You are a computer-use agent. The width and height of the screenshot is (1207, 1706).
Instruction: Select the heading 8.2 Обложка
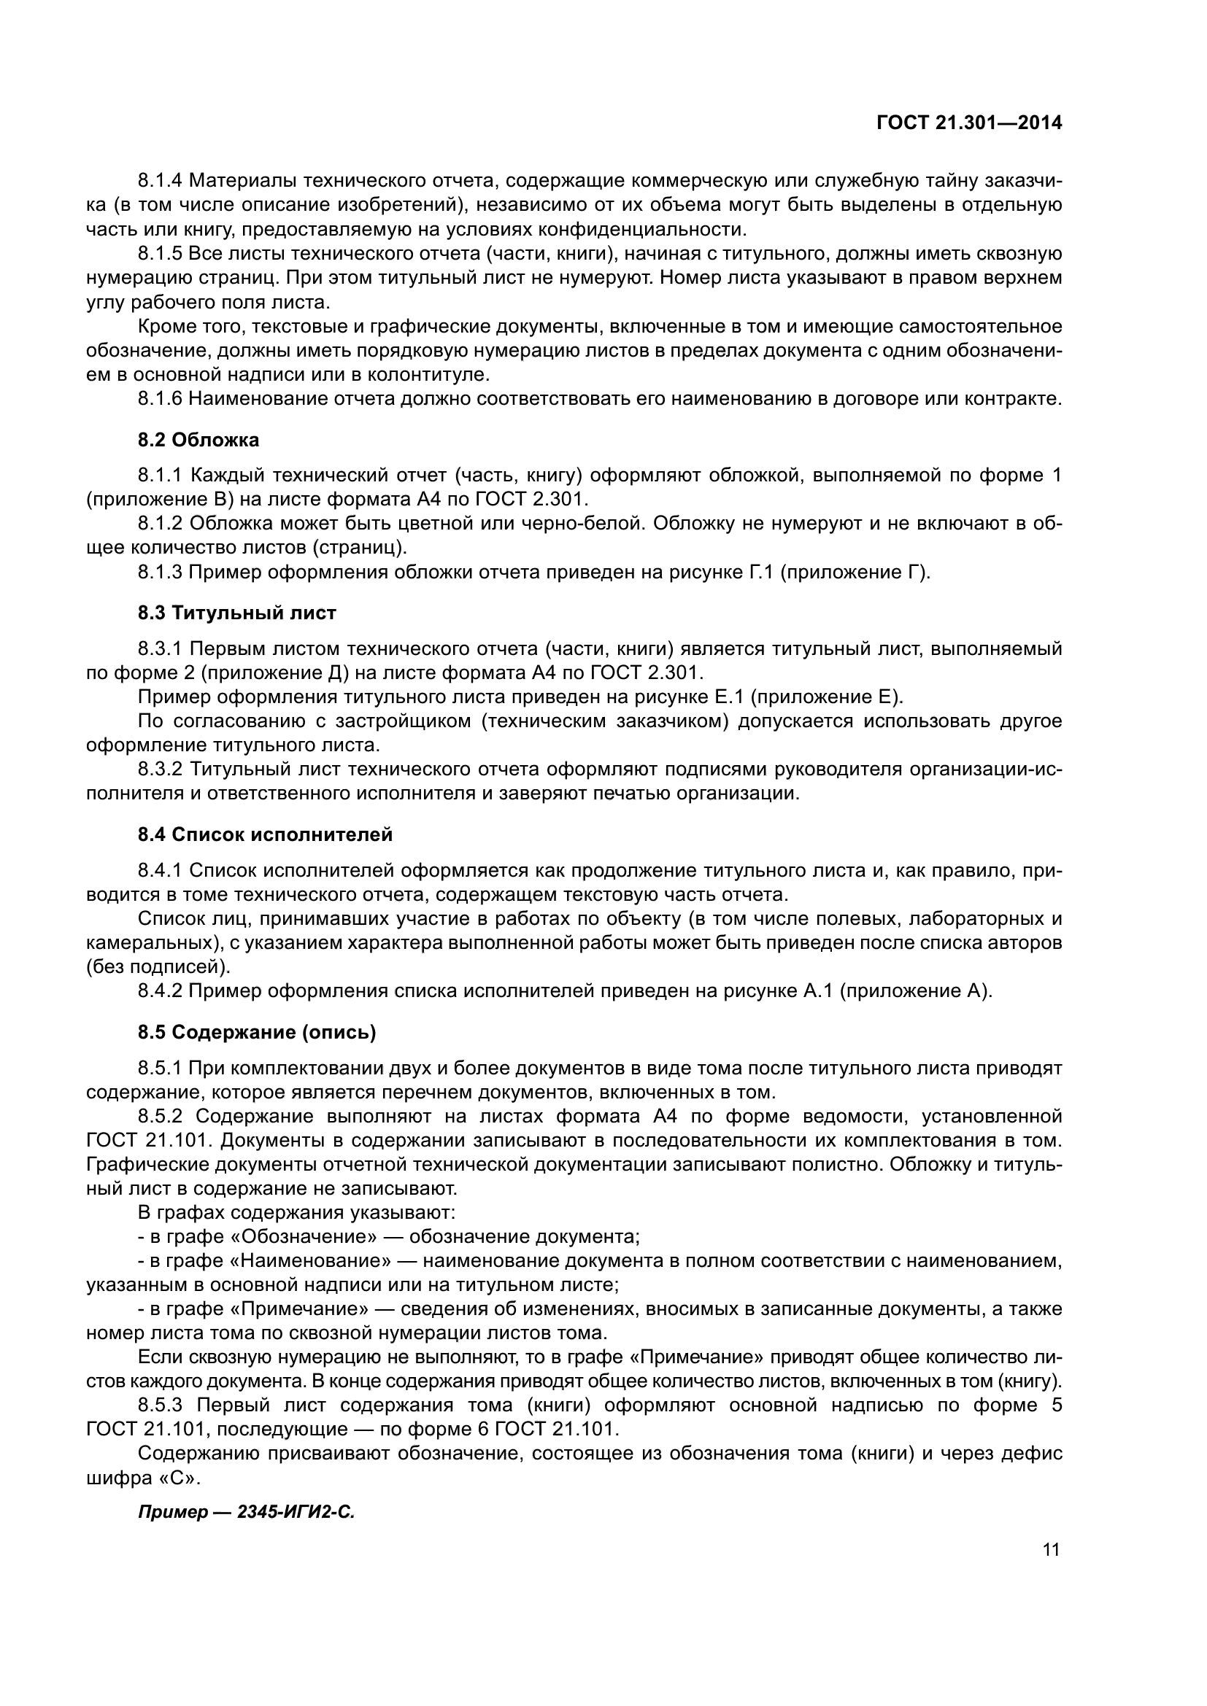click(x=198, y=440)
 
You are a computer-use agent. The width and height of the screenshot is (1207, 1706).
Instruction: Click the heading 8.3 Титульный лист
click(x=236, y=613)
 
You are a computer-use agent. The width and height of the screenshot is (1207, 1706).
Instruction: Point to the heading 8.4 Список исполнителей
click(x=265, y=834)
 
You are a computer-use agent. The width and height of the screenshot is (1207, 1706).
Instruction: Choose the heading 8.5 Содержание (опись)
click(x=256, y=1032)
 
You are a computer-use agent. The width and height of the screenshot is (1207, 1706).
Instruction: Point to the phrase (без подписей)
click(x=158, y=966)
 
